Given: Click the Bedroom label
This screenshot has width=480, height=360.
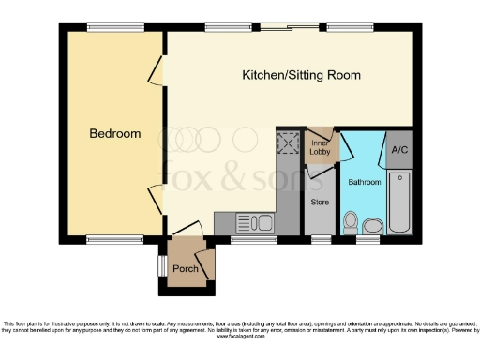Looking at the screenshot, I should (115, 134).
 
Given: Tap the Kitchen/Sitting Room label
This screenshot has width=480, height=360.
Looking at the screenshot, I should (301, 75).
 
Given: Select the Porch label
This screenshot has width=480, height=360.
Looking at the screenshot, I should (186, 269).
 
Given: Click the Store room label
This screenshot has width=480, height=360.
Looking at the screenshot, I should (320, 202).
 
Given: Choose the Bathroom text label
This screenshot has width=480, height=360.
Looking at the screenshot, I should (364, 181).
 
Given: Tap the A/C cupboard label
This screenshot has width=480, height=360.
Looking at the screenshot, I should (398, 150).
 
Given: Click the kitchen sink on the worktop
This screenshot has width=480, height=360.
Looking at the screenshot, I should (254, 223).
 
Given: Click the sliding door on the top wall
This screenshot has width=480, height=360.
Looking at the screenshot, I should (276, 26).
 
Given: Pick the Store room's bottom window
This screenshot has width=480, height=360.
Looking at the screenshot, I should (322, 239).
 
